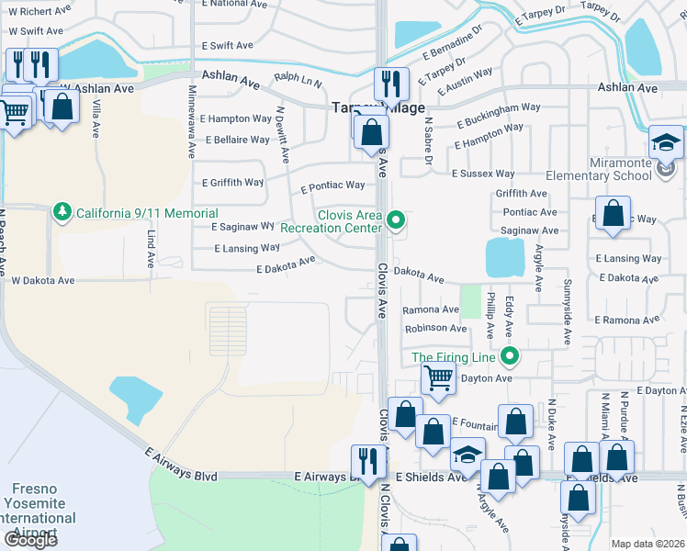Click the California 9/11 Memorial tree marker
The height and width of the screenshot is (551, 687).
(62, 212)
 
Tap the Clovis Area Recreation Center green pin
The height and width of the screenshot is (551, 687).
(396, 219)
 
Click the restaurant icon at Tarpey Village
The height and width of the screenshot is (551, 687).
(391, 84)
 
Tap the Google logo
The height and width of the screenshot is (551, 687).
(30, 540)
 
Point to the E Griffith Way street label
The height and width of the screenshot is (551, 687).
(236, 183)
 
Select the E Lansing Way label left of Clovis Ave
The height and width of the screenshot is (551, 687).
(247, 248)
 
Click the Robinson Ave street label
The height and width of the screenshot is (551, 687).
(435, 328)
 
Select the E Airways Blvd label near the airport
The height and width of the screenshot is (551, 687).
(181, 465)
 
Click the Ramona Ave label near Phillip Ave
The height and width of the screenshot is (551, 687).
(430, 309)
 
